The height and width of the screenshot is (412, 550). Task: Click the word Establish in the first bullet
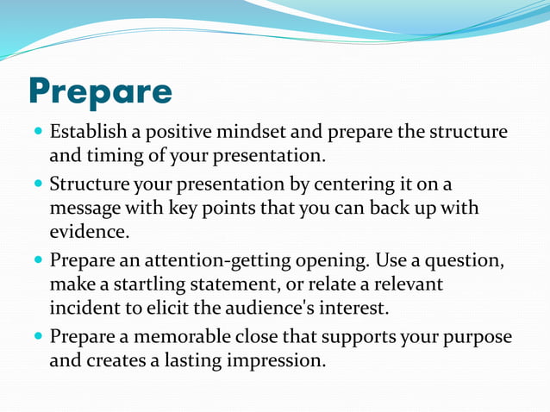click(87, 134)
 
